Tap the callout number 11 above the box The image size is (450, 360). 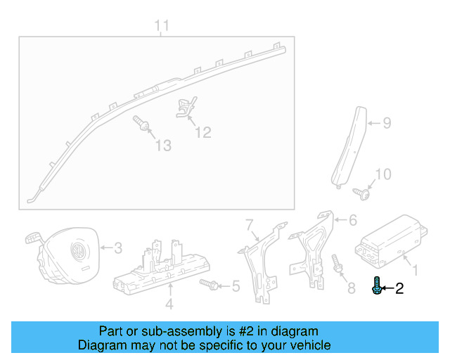pos(162,27)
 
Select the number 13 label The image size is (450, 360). pos(163,146)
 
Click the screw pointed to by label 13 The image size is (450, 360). pos(141,124)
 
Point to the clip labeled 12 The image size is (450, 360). pos(184,108)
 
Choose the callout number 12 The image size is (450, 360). pos(202,131)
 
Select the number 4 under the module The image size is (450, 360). pos(169,304)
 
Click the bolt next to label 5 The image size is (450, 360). pos(208,284)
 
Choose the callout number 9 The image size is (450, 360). pos(387,124)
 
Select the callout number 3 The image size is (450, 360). pos(118,247)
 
